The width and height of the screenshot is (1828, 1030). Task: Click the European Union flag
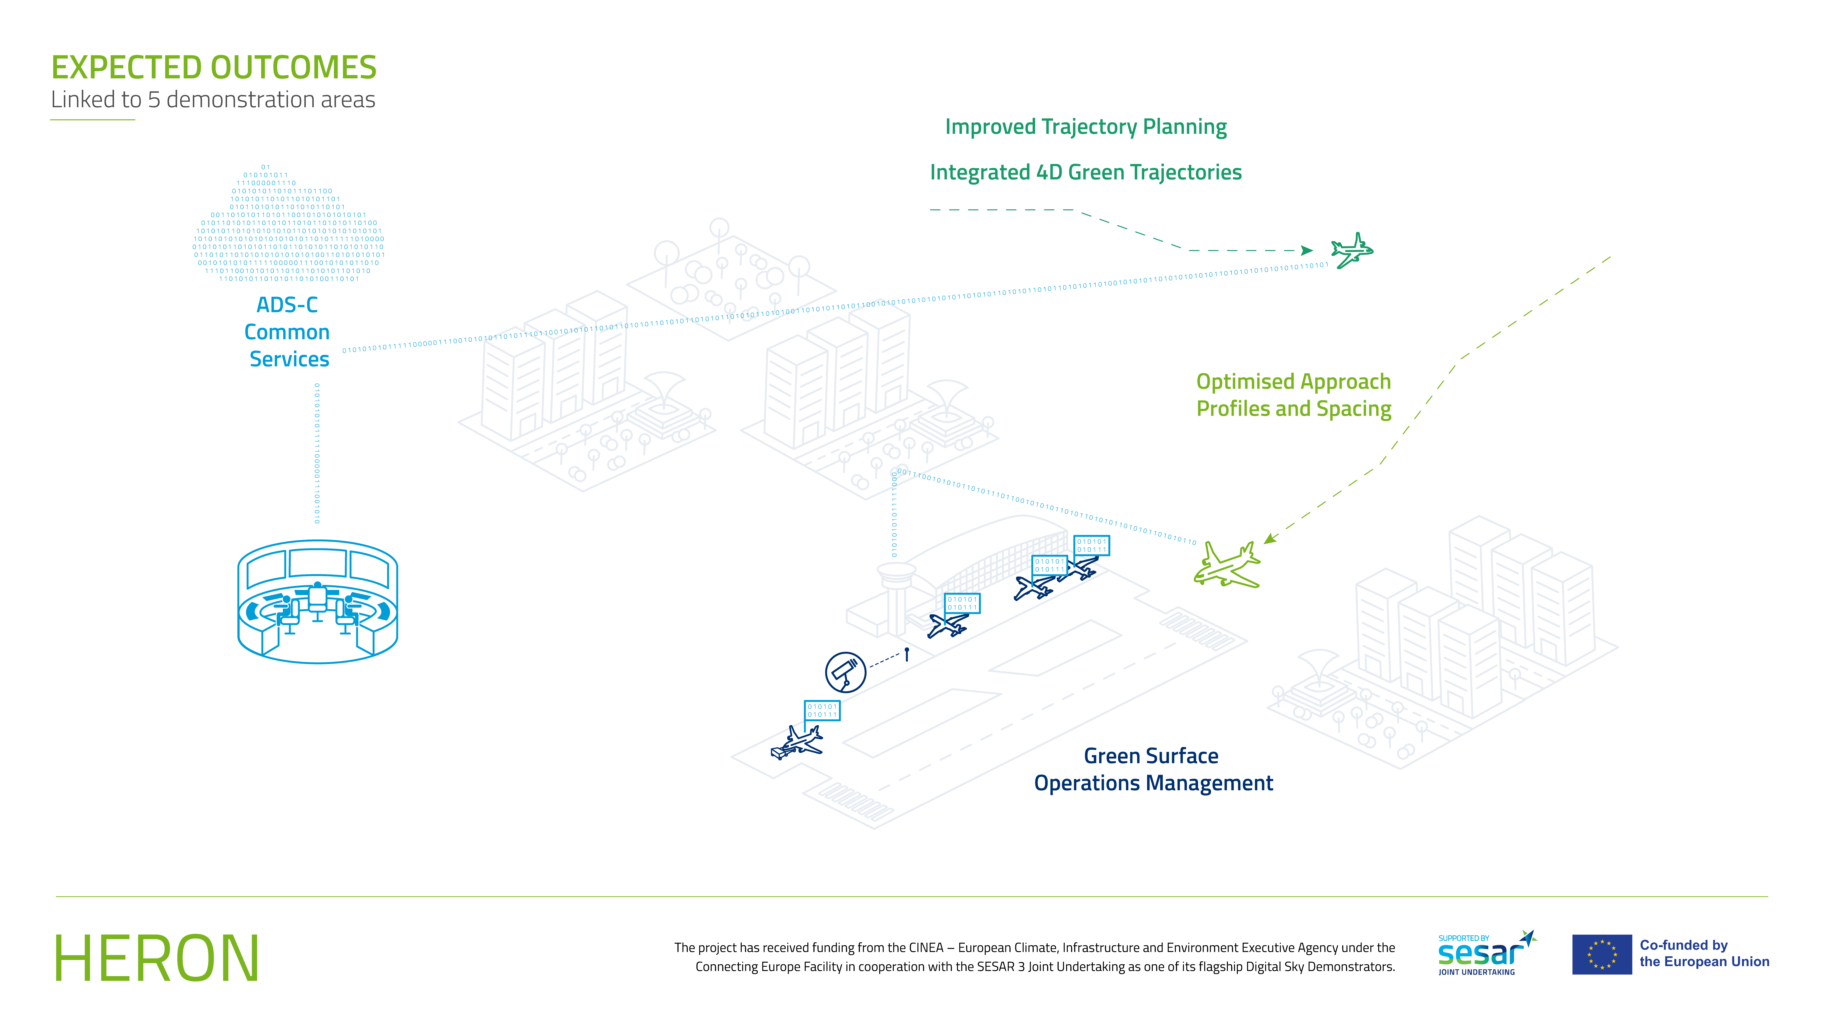pyautogui.click(x=1602, y=955)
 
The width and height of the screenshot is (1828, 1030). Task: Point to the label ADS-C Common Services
pyautogui.click(x=287, y=332)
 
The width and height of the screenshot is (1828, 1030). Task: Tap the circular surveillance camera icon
pyautogui.click(x=845, y=672)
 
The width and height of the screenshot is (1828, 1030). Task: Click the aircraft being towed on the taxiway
pyautogui.click(x=798, y=742)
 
